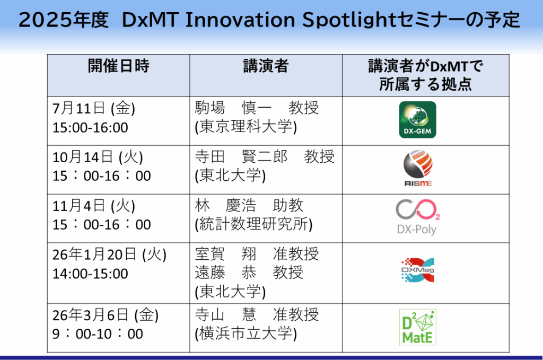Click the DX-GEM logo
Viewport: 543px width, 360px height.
point(417,120)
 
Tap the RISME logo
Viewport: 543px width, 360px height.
point(418,168)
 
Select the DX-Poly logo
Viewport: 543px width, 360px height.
point(418,217)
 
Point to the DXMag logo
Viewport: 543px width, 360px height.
point(418,270)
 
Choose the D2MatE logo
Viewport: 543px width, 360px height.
point(417,328)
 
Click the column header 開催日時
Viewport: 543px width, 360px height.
point(118,66)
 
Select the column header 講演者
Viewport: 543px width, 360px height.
point(266,66)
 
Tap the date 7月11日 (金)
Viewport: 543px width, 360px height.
point(93,108)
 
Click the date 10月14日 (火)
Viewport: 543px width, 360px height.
point(98,157)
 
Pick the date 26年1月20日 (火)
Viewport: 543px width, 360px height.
point(109,255)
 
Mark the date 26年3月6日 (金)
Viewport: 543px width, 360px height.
point(106,315)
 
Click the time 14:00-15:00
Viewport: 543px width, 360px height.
point(90,274)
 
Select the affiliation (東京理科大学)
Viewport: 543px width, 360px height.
point(246,127)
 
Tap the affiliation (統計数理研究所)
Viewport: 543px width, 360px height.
point(253,224)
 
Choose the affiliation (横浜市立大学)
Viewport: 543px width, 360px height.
point(246,333)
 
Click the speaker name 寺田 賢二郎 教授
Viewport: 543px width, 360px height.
point(265,156)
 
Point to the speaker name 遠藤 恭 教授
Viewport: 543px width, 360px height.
point(249,272)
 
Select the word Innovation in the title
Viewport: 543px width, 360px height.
point(240,20)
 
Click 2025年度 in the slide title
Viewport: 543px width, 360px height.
point(64,20)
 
